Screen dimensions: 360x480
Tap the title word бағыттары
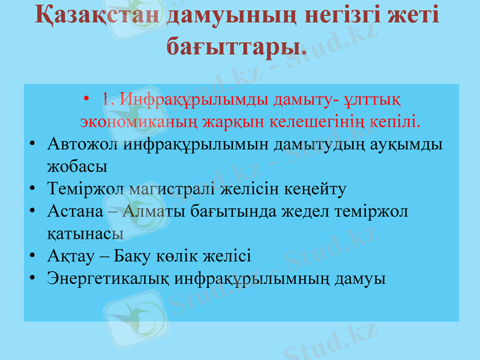tap(236, 45)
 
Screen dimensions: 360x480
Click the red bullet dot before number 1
tap(88, 98)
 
